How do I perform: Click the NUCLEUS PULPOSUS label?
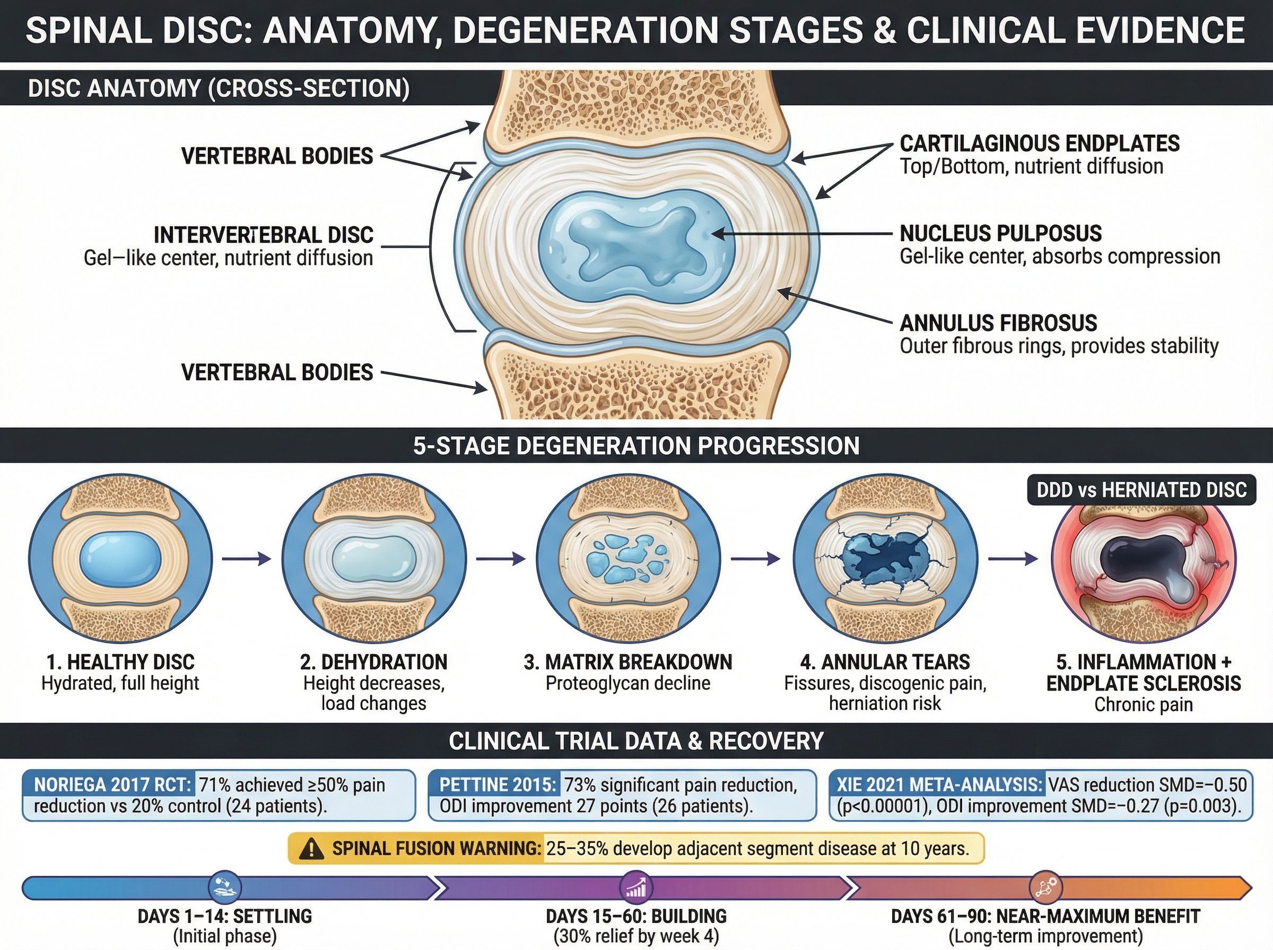pyautogui.click(x=1000, y=233)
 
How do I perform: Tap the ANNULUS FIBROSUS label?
pyautogui.click(x=998, y=323)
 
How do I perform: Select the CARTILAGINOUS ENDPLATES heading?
pyautogui.click(x=1040, y=144)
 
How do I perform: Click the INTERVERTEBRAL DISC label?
pyautogui.click(x=264, y=235)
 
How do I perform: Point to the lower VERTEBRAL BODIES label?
pyautogui.click(x=277, y=373)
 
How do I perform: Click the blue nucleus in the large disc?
pyautogui.click(x=636, y=249)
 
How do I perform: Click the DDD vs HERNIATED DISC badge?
pyautogui.click(x=1141, y=490)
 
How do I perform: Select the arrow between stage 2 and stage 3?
pyautogui.click(x=501, y=558)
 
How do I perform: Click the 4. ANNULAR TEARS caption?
pyautogui.click(x=885, y=662)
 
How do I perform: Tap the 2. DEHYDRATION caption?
pyautogui.click(x=373, y=662)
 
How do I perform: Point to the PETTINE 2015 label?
pyautogui.click(x=498, y=785)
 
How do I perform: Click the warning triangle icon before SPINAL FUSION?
pyautogui.click(x=312, y=848)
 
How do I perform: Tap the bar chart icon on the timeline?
pyautogui.click(x=635, y=887)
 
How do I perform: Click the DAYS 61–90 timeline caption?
pyautogui.click(x=1045, y=916)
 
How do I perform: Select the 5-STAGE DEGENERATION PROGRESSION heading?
pyautogui.click(x=636, y=446)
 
